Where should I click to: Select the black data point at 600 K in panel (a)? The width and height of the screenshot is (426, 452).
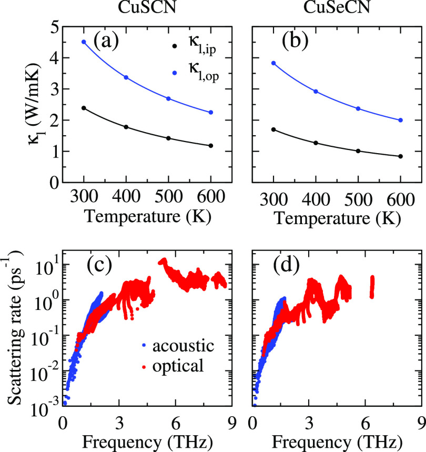[211, 146]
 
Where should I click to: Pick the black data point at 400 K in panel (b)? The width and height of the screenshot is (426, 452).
[315, 143]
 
